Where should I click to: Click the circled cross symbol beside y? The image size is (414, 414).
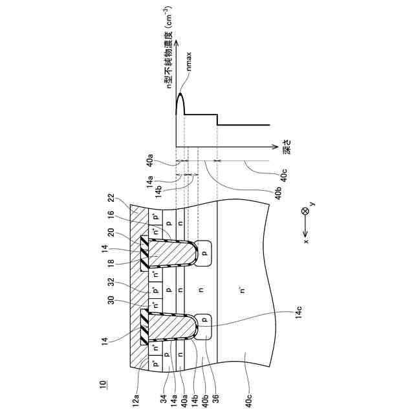[305, 212]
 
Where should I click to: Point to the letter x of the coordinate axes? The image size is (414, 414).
[306, 241]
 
